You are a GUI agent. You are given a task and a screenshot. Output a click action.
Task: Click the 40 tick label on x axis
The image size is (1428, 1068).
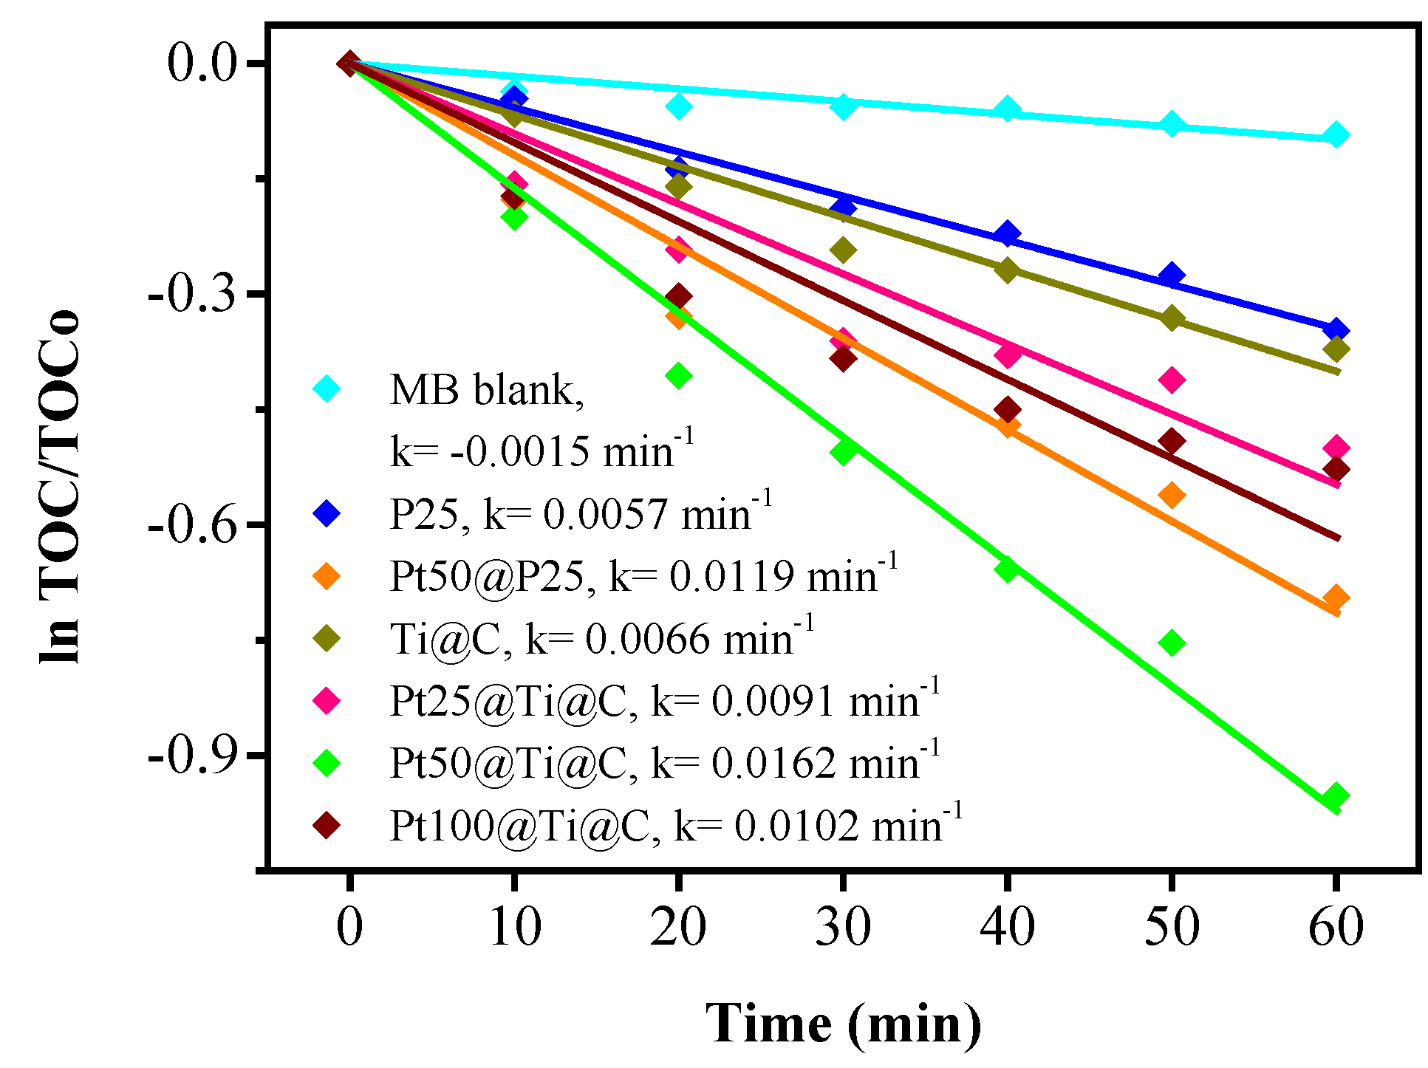coord(1007,926)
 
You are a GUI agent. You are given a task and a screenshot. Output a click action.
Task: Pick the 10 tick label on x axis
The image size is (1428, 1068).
coord(515,926)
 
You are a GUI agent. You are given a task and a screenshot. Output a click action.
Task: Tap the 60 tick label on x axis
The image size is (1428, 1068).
coord(1335,926)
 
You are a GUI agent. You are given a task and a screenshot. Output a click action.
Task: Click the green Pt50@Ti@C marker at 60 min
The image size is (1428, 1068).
coord(1335,796)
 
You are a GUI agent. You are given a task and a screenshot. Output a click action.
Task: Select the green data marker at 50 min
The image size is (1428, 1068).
coord(1172,643)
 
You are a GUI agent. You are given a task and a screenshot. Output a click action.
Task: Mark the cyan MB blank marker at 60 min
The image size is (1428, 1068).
coord(1336,135)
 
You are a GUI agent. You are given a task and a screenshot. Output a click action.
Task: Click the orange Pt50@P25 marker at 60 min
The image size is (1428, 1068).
coord(1335,598)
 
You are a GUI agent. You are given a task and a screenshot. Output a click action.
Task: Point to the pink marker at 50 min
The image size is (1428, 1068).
coord(1172,380)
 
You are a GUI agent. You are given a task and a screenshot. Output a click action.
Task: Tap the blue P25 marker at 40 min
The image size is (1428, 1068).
coord(1007,234)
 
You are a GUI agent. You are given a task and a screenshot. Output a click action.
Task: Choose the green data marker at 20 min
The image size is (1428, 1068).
coord(679,375)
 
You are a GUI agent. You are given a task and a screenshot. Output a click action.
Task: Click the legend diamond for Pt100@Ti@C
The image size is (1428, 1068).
coord(327,824)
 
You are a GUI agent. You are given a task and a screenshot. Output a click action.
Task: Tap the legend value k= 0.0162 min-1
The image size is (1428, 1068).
coord(794,762)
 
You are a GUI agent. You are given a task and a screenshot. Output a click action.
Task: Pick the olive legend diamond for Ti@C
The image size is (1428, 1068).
coord(327,637)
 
